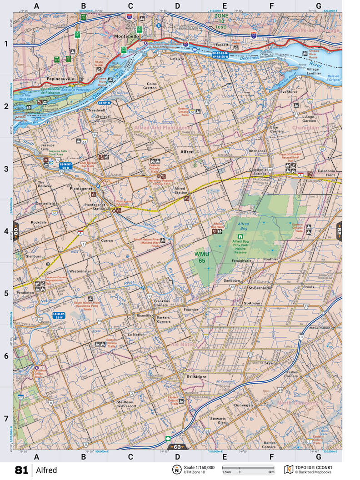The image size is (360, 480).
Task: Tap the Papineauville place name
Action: (60, 78)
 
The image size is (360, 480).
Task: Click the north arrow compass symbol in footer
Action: (175, 470)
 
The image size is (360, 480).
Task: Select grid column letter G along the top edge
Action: (318, 6)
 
